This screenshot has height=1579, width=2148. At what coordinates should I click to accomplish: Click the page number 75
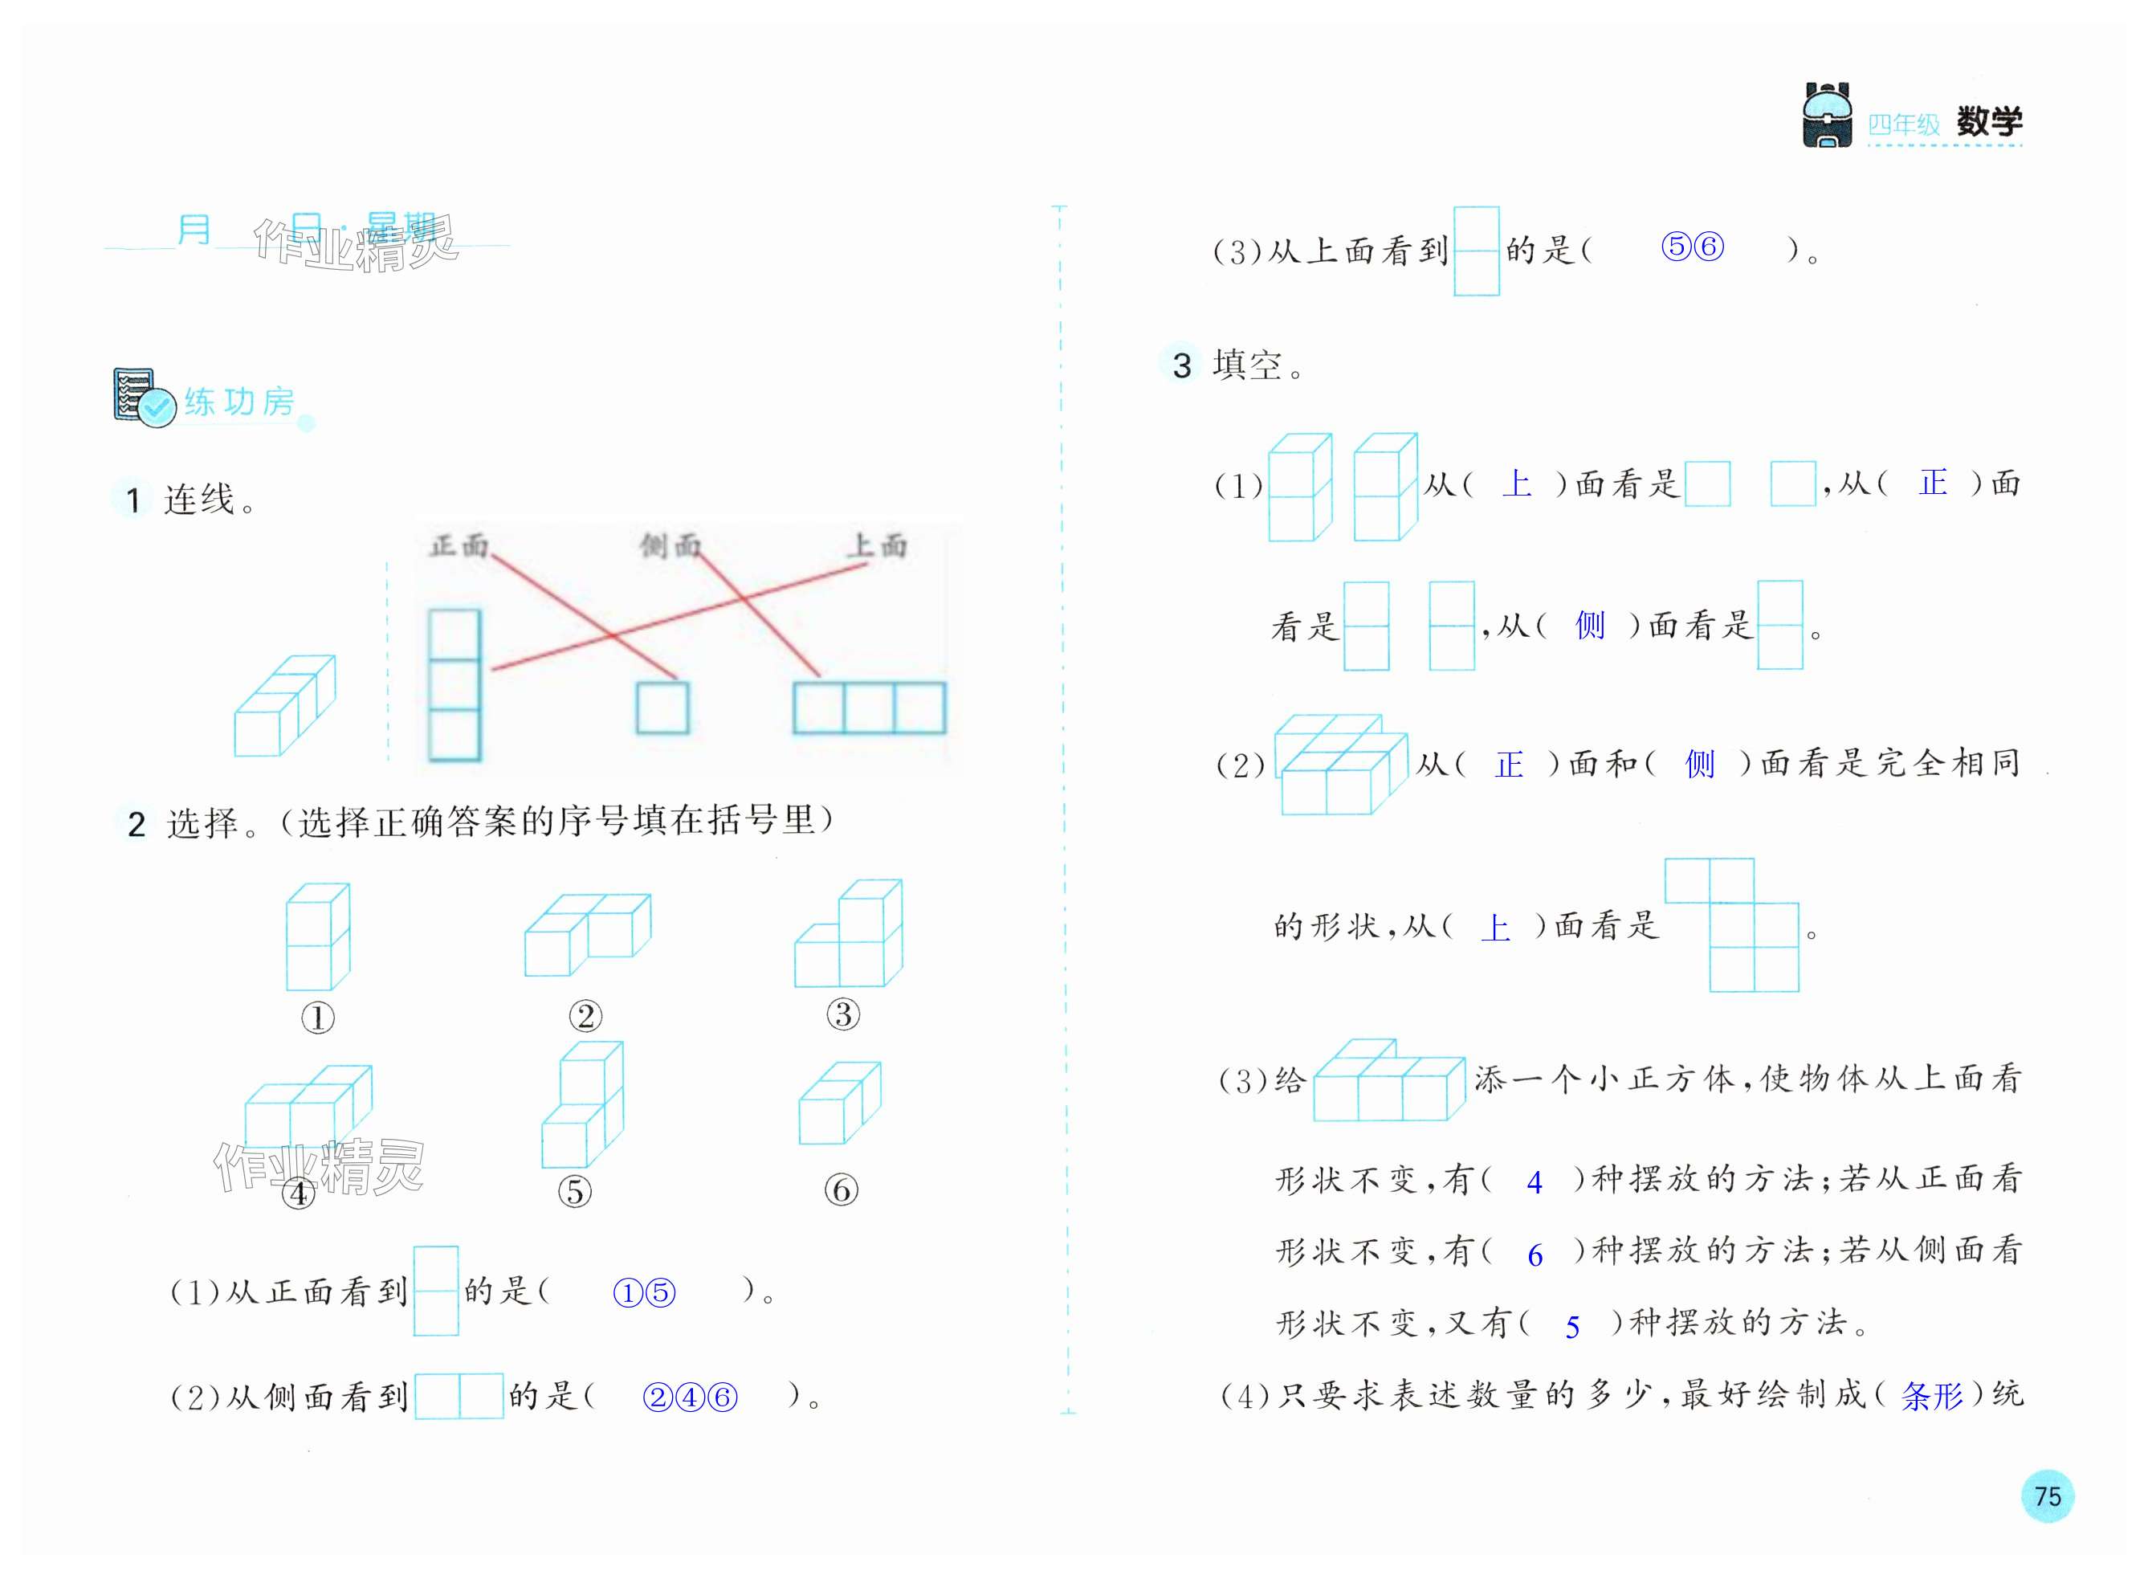(2047, 1495)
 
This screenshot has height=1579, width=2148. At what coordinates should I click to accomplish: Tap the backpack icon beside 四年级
(1826, 116)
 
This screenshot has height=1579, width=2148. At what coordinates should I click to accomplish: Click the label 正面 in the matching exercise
(459, 546)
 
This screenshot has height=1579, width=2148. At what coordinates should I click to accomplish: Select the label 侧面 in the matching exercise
(670, 546)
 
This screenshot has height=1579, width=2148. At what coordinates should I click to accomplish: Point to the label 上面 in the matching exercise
(877, 546)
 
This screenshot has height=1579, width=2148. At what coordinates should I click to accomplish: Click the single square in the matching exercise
(662, 708)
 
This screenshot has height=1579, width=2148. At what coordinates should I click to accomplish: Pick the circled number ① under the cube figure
(318, 1018)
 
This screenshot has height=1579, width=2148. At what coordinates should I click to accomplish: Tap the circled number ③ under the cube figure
(843, 1014)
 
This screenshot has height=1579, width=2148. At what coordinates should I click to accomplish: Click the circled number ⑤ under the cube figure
(574, 1191)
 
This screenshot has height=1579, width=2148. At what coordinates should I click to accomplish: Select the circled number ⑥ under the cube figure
(841, 1190)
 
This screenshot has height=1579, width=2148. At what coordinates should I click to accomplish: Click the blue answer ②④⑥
(690, 1397)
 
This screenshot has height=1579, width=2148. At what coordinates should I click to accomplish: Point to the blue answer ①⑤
(644, 1293)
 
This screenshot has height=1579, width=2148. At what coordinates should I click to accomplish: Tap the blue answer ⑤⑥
(1692, 247)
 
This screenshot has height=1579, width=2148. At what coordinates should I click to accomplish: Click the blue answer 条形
(1931, 1397)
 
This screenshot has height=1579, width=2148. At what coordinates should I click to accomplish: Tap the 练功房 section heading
(238, 402)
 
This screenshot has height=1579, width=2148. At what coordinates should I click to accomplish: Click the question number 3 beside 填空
(1182, 365)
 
